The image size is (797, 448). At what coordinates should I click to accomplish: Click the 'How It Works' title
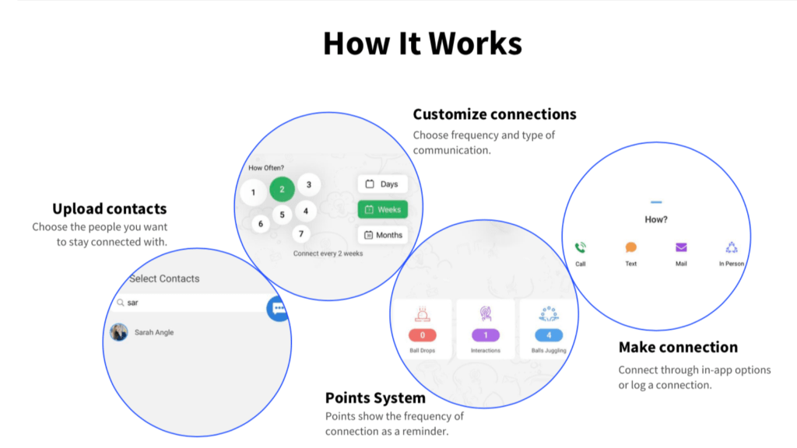(422, 43)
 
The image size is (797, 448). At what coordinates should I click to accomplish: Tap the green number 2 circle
(282, 189)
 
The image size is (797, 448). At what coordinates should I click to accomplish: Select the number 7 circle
(301, 233)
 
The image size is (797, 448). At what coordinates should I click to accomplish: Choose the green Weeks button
(382, 209)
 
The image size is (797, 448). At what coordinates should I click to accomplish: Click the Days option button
(382, 184)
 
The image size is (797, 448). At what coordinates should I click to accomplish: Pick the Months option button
(382, 235)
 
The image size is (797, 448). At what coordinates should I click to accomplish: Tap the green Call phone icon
(581, 248)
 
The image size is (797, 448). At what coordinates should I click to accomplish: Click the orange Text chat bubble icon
(631, 248)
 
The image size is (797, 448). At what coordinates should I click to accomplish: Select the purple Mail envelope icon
(681, 248)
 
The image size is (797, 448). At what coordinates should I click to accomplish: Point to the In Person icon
(732, 248)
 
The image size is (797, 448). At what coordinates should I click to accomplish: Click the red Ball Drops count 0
(423, 335)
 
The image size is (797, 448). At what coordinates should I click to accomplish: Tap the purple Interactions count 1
(486, 335)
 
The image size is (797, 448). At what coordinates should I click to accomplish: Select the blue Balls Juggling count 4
(549, 335)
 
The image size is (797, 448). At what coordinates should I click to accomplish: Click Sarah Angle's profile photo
(119, 332)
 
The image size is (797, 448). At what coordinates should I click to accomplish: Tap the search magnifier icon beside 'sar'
(120, 303)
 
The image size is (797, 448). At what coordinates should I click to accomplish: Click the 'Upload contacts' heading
(109, 208)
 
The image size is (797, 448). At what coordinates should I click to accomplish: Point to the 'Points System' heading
(375, 398)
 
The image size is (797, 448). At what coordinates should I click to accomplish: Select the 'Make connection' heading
(678, 347)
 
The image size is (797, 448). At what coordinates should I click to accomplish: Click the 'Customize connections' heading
(494, 114)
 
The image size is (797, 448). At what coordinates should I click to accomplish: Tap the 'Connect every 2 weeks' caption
(328, 254)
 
